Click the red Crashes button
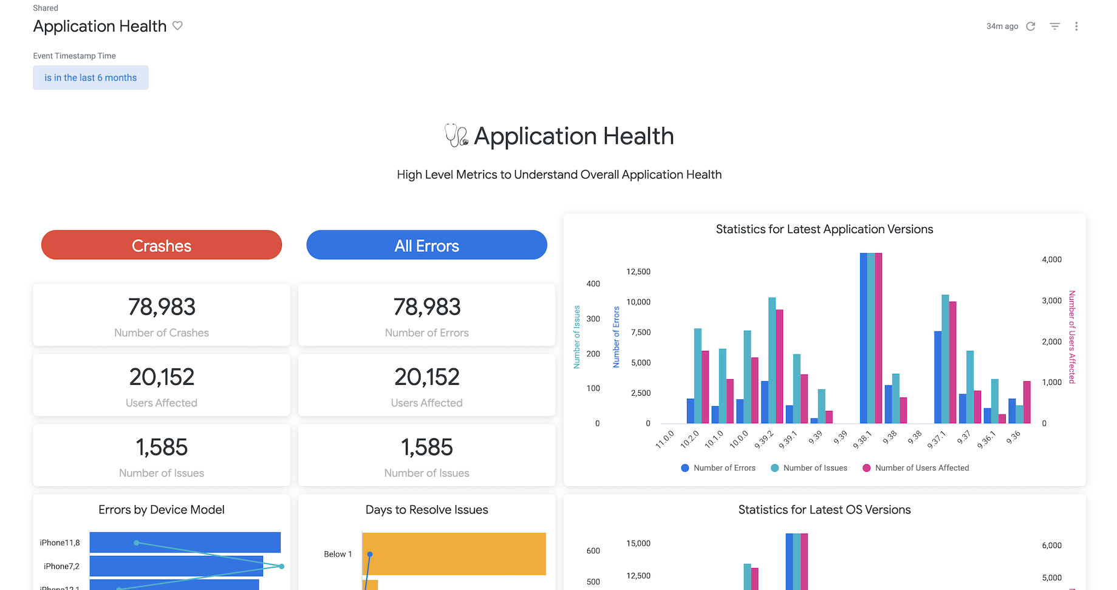162,245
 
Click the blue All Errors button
426,245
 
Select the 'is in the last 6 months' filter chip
91,78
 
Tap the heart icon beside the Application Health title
177,25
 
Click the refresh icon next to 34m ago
1031,26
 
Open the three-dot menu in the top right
1076,26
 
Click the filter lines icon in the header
1055,26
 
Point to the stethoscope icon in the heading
456,135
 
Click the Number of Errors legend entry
719,468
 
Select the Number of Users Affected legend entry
916,468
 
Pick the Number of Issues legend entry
809,468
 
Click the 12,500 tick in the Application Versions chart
638,271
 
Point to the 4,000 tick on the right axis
1052,259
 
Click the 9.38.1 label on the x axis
863,439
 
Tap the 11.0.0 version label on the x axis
665,439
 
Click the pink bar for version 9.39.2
779,366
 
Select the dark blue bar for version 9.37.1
938,377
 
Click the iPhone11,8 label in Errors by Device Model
60,543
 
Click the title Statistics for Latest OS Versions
824,510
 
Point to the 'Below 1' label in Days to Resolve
338,554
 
